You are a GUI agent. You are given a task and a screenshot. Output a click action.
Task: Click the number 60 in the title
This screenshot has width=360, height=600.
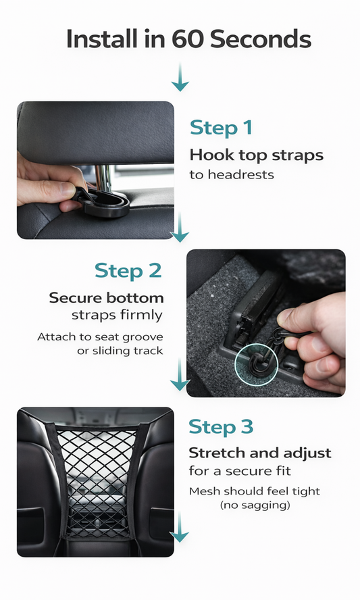pos(188,40)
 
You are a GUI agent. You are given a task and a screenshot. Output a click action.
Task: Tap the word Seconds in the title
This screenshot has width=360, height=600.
pos(261,40)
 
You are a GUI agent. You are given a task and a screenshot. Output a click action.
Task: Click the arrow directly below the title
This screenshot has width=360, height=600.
pos(180,79)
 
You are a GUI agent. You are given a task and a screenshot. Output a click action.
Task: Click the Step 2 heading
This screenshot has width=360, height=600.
pos(128,271)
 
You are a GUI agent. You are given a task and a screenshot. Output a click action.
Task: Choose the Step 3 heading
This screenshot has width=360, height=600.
pos(221,427)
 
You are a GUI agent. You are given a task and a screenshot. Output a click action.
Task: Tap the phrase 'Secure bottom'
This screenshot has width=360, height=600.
pos(106,298)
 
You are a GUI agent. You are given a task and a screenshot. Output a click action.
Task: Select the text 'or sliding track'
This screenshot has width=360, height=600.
pos(120,351)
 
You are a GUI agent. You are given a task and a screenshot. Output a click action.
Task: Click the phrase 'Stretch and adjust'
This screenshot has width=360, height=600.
pos(260,453)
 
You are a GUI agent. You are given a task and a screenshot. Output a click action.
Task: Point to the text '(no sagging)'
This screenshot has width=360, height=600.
pos(254,505)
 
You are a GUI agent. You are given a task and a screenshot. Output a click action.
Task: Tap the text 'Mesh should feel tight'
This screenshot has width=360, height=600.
pos(254,491)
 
